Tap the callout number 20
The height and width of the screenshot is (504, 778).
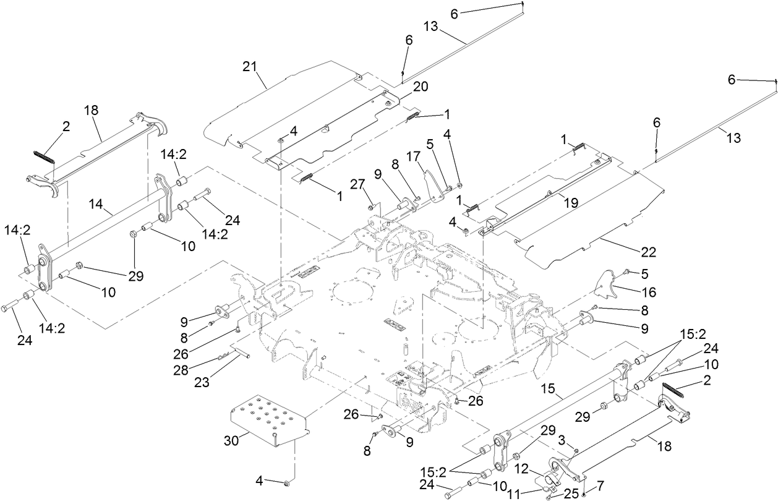coord(421,87)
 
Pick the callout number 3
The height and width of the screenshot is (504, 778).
coord(561,440)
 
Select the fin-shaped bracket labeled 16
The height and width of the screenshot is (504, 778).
coord(607,285)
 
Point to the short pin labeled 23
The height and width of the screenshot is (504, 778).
coord(241,354)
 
